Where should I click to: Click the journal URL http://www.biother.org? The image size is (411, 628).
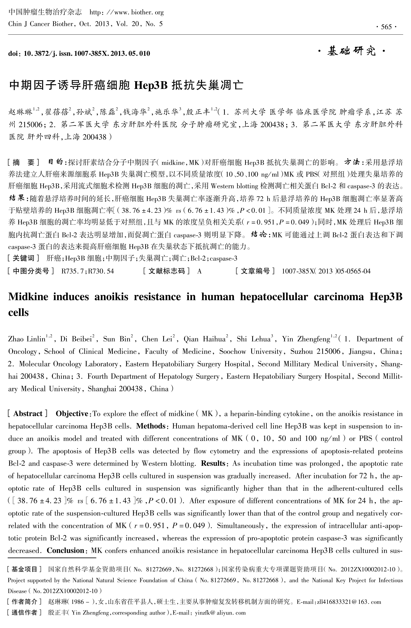[127, 12]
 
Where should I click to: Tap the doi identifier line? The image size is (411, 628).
[79, 54]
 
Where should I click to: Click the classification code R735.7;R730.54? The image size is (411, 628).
[88, 271]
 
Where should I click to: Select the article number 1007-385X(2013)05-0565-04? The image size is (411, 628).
[326, 271]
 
